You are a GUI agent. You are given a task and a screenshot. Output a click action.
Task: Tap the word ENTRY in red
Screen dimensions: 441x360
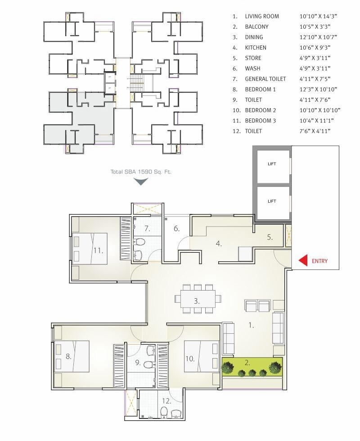pos(319,261)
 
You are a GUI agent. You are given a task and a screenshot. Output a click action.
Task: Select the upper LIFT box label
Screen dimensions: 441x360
pos(271,164)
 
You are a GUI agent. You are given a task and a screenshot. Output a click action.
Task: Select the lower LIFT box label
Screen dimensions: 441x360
pos(271,201)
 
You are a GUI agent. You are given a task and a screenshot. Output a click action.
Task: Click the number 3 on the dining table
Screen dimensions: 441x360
pos(197,301)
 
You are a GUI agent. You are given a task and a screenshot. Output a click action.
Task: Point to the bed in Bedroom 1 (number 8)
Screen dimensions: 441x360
pos(72,356)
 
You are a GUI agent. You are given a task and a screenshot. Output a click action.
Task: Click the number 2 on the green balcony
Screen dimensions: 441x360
pos(247,361)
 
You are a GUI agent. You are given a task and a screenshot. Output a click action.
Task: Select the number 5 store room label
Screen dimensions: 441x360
pos(270,237)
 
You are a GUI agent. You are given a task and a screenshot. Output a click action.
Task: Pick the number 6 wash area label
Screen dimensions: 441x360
pos(177,229)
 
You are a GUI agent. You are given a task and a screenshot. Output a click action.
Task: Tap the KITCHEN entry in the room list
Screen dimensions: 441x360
pos(256,48)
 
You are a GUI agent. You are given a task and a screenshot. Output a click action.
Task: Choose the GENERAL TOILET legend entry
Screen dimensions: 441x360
pos(265,79)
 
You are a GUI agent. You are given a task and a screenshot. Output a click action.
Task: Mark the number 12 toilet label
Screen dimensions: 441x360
pos(166,400)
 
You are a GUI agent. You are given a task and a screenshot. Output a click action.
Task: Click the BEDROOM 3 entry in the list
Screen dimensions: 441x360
pos(260,121)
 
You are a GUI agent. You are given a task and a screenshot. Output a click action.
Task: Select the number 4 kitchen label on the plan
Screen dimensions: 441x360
pos(219,244)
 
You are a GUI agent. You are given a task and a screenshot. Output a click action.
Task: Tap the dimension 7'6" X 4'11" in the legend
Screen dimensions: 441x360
pos(316,131)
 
